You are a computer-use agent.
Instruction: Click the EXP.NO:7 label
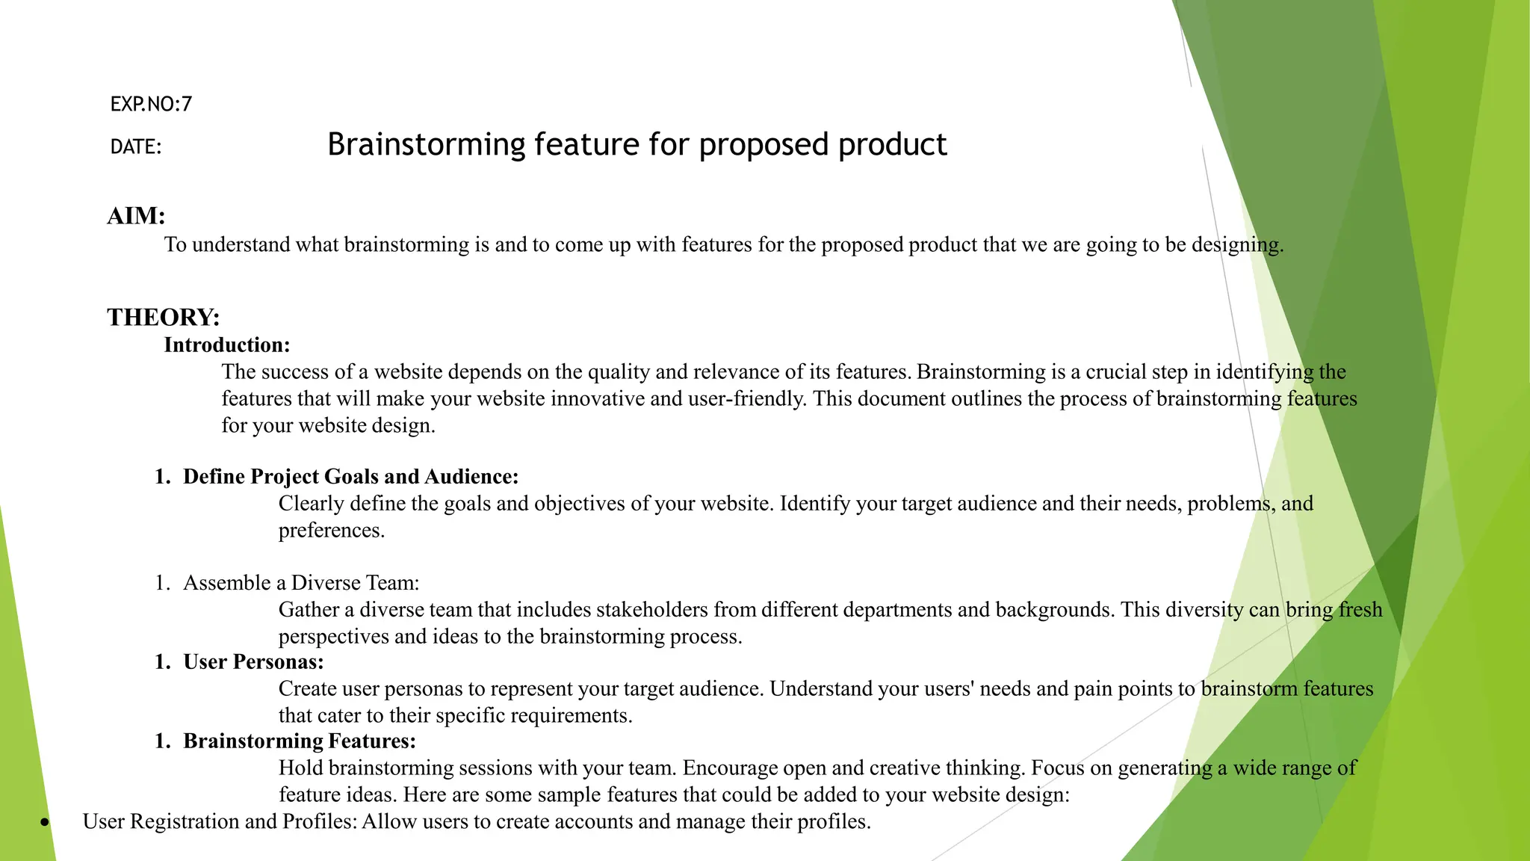[151, 104]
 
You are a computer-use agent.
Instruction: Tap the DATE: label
[136, 147]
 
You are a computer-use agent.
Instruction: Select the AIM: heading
[136, 216]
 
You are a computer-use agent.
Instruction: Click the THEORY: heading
[164, 318]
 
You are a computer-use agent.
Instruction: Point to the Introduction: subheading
[227, 345]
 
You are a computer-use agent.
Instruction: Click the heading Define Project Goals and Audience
[350, 477]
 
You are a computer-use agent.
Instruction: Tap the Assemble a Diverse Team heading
[301, 583]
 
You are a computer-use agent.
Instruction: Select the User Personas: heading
[253, 662]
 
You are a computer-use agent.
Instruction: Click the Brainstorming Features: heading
[300, 741]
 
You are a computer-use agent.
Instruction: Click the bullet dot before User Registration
[46, 823]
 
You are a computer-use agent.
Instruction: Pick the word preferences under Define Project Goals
[331, 531]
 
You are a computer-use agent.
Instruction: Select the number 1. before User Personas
[163, 662]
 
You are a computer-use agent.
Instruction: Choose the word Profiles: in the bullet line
[320, 822]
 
